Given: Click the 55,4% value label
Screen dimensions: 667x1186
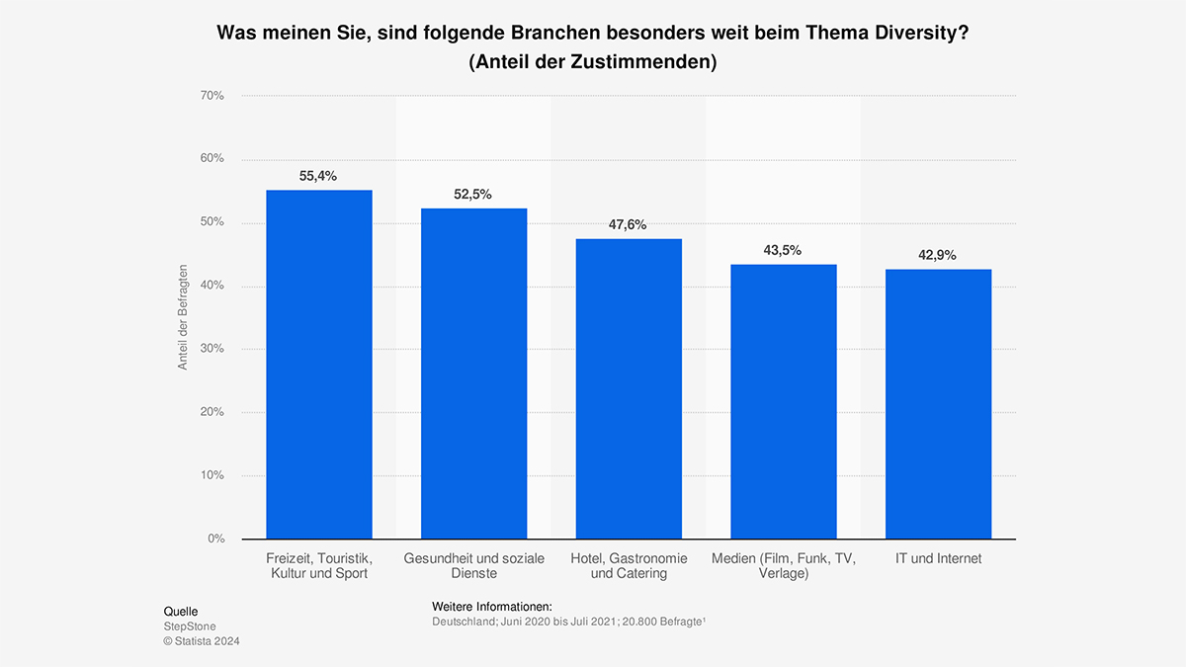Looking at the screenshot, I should tap(318, 176).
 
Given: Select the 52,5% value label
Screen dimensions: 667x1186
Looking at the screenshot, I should tap(473, 195).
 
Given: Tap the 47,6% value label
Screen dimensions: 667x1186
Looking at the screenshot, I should tap(629, 224).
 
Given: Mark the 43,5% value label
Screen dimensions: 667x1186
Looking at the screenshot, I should tap(783, 250).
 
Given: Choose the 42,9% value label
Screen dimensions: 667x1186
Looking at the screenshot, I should tap(938, 255).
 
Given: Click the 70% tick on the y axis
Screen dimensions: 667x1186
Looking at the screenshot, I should tap(212, 96).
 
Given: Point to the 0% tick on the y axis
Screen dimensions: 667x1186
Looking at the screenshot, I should tap(215, 539).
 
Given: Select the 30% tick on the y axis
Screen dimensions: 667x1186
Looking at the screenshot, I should tap(212, 349).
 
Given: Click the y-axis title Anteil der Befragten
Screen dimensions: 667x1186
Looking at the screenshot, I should tap(183, 317).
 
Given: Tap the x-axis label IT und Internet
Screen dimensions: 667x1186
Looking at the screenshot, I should tap(938, 558).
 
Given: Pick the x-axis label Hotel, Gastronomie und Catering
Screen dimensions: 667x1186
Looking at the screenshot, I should tap(629, 565).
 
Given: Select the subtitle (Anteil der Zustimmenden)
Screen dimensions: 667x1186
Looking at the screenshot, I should tap(593, 61).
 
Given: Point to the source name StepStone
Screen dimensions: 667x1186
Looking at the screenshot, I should tap(190, 626).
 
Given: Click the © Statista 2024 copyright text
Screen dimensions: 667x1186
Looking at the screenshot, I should tap(202, 641).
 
